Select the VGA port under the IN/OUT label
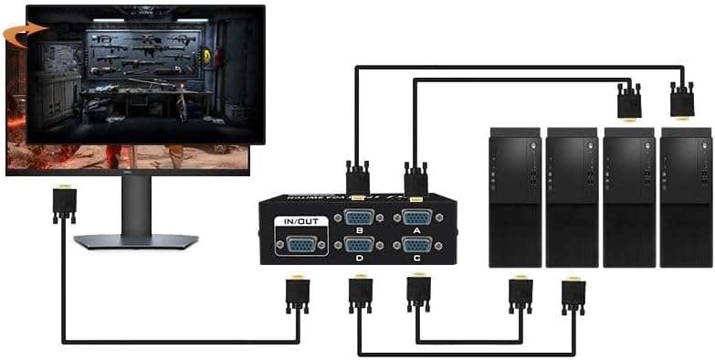tap(301, 244)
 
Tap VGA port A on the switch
tap(417, 218)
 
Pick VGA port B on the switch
tap(359, 218)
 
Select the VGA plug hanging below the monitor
tap(64, 204)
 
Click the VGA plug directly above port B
tap(358, 178)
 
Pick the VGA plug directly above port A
tap(416, 178)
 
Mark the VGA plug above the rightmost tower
tap(682, 100)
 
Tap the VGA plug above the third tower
tap(629, 100)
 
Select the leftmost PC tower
tap(515, 196)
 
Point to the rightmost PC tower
tap(685, 196)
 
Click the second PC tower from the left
tap(572, 196)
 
